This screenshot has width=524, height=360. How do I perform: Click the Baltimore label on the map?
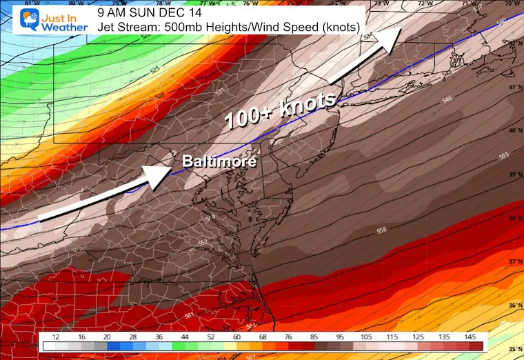pyautogui.click(x=219, y=162)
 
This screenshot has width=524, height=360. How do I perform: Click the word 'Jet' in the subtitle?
pyautogui.click(x=107, y=27)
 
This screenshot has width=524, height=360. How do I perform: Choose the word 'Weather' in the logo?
pyautogui.click(x=63, y=27)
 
